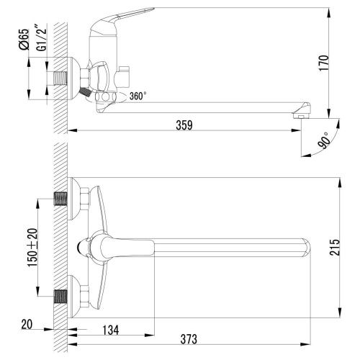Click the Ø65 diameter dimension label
coord(23,37)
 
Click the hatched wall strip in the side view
coord(60,43)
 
